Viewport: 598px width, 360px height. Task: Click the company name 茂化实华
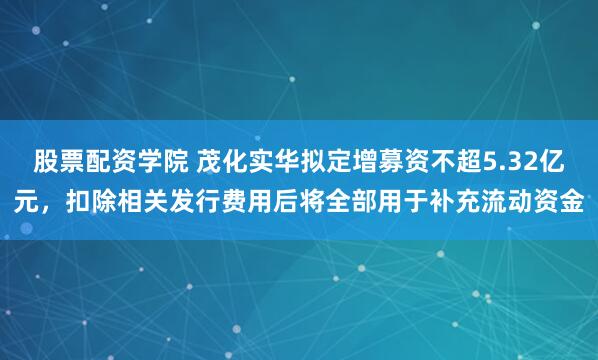tap(249, 160)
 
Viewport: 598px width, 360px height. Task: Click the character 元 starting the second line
tap(26, 204)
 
